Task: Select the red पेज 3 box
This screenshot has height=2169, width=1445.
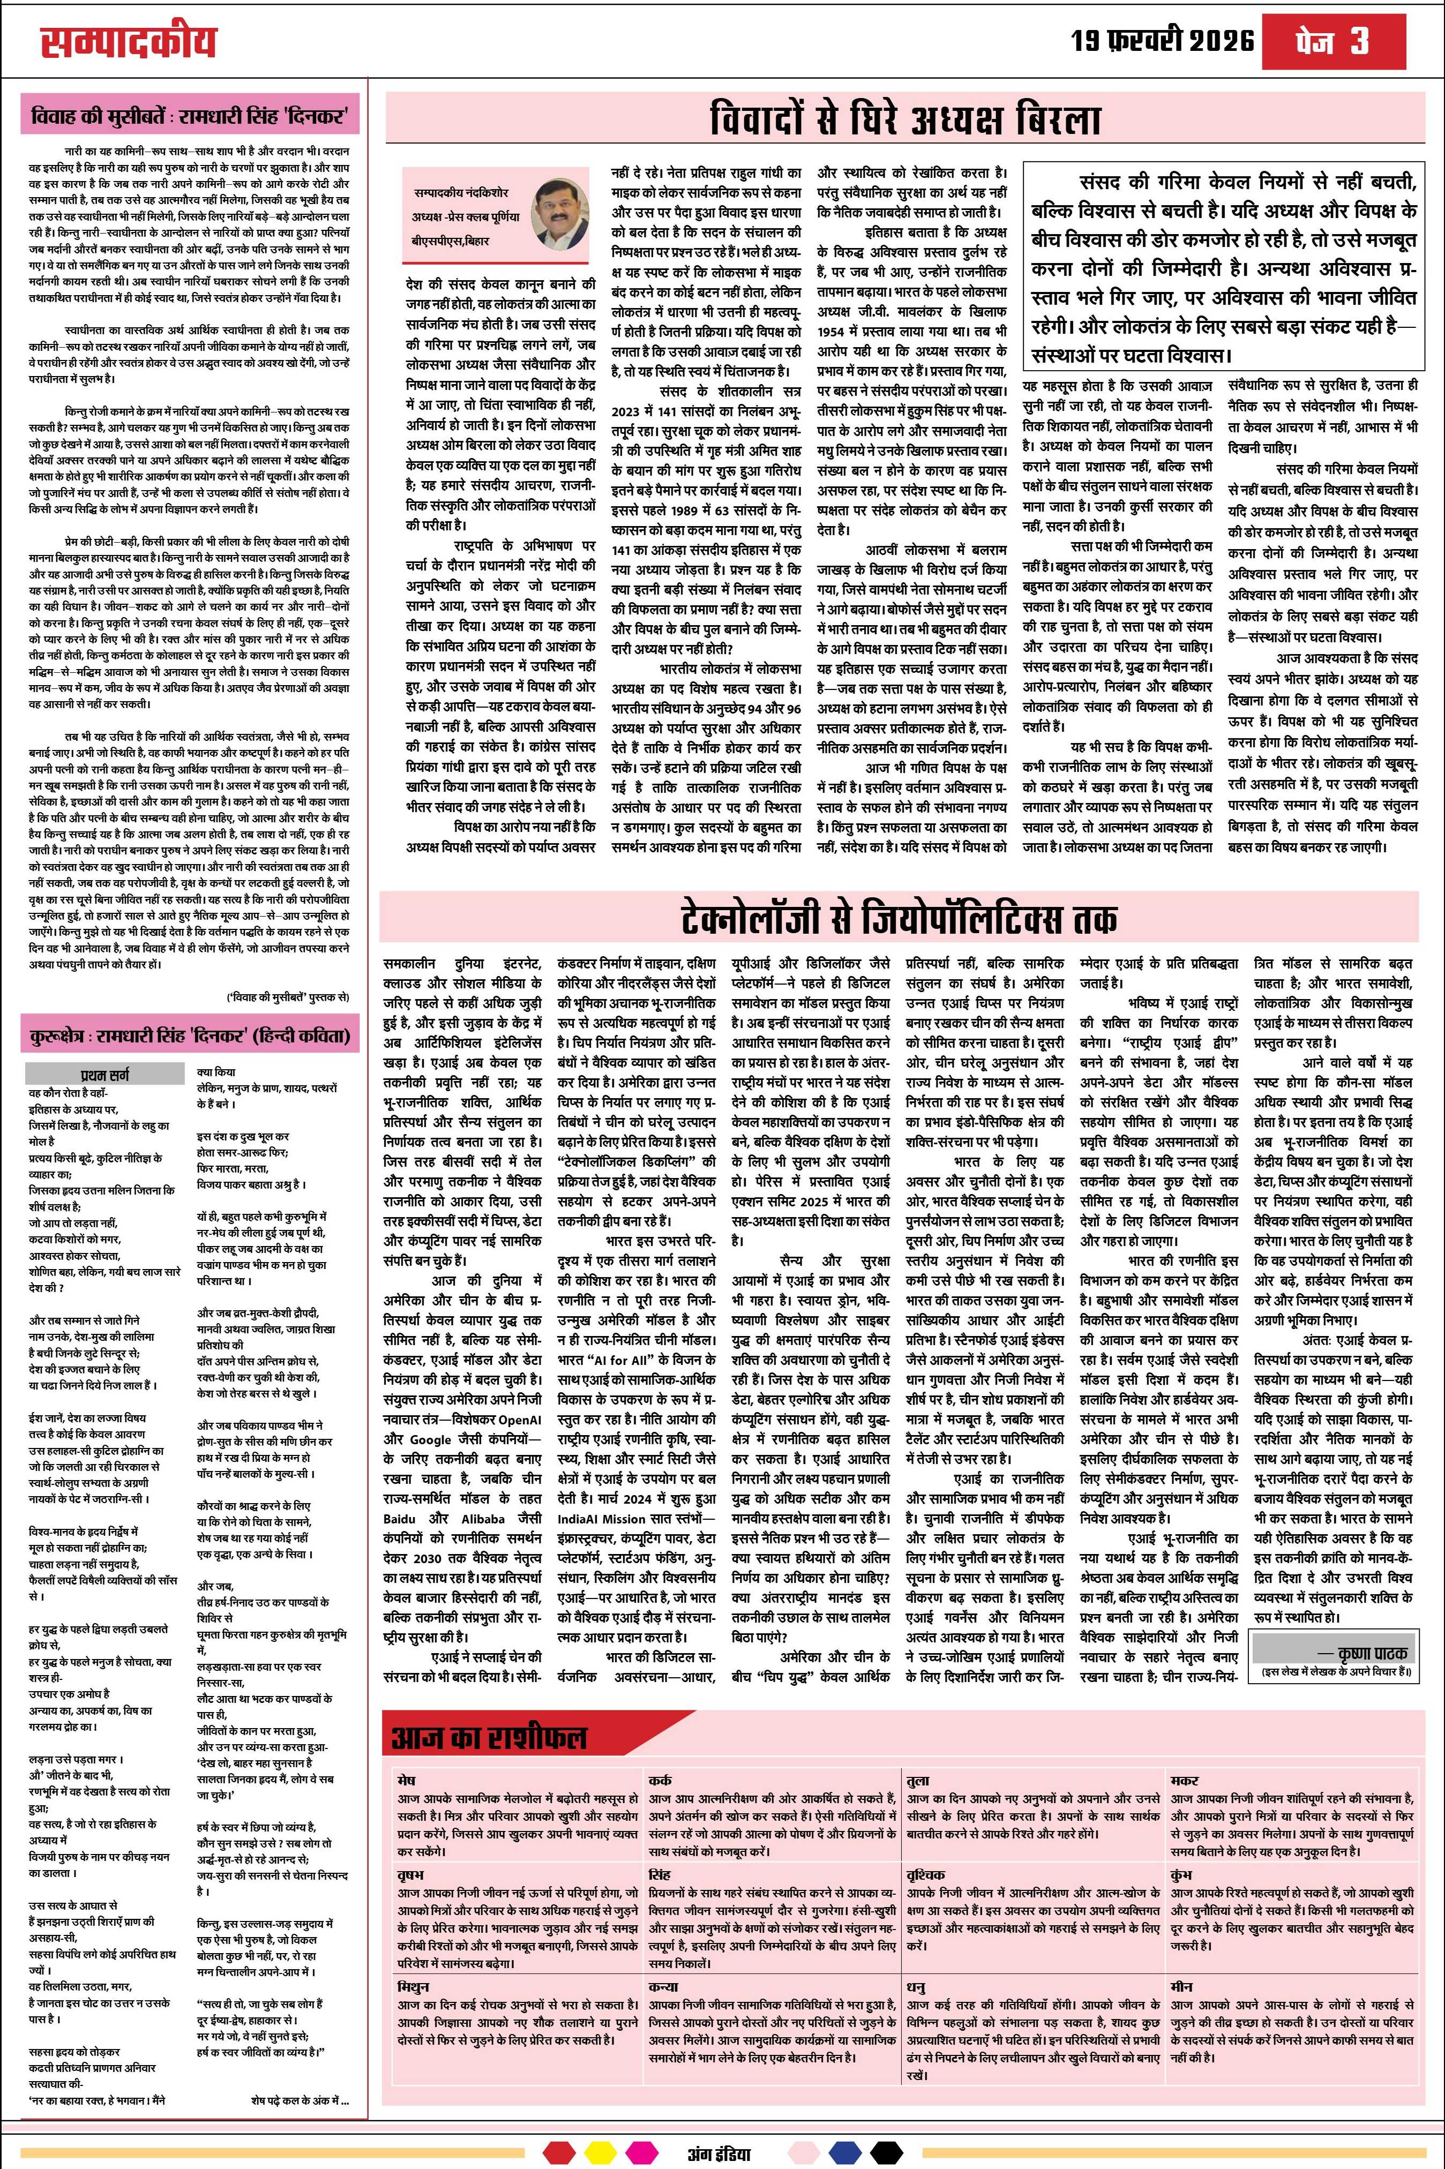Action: point(1345,41)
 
